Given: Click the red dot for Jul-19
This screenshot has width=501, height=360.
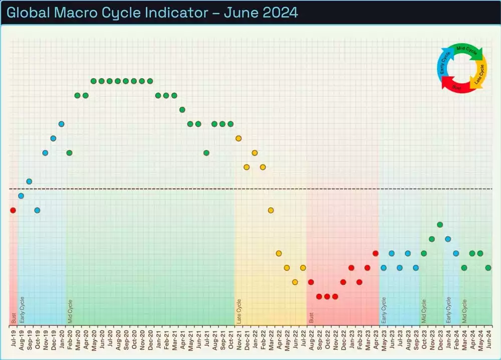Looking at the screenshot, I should pyautogui.click(x=13, y=210).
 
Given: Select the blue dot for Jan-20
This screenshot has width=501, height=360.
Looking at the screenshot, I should pyautogui.click(x=61, y=124).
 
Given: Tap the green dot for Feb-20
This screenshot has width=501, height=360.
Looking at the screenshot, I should pyautogui.click(x=69, y=152).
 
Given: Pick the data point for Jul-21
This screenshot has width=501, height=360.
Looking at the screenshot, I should pyautogui.click(x=206, y=152).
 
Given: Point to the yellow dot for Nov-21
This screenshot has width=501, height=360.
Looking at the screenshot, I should pyautogui.click(x=238, y=138).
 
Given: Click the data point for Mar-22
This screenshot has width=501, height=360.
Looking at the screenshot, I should pyautogui.click(x=271, y=210).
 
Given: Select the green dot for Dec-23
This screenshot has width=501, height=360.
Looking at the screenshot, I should pyautogui.click(x=440, y=225).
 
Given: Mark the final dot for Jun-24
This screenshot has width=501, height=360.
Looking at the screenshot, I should pyautogui.click(x=488, y=268).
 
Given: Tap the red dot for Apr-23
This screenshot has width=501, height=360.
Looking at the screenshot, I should pyautogui.click(x=375, y=253).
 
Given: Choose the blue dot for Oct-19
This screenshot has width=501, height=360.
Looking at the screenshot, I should pyautogui.click(x=37, y=210).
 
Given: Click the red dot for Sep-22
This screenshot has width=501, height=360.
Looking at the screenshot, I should pyautogui.click(x=319, y=296).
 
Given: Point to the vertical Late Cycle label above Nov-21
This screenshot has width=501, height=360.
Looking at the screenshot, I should pyautogui.click(x=239, y=311).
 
